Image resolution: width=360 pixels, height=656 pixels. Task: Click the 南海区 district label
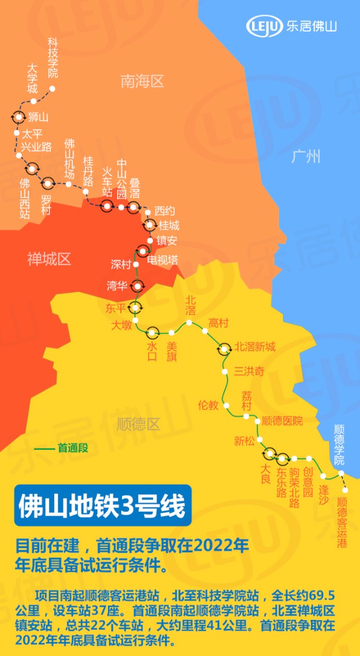tap(142, 82)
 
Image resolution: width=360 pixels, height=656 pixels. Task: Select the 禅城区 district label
tap(49, 259)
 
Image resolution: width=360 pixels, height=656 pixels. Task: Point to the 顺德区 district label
tap(138, 424)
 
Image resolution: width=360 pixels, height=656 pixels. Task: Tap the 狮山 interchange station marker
tap(19, 117)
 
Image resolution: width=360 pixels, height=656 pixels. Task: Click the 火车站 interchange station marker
tap(106, 206)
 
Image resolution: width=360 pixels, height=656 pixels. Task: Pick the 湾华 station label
tap(117, 285)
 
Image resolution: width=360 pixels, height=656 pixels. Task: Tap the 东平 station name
tap(116, 307)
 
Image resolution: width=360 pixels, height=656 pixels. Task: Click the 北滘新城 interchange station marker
tap(224, 349)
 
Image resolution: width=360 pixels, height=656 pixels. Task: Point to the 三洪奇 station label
tap(249, 372)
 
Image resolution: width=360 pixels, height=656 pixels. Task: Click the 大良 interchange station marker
tap(269, 454)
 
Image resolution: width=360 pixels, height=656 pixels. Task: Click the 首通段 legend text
tap(73, 448)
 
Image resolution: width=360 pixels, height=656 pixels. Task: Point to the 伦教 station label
tap(208, 405)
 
